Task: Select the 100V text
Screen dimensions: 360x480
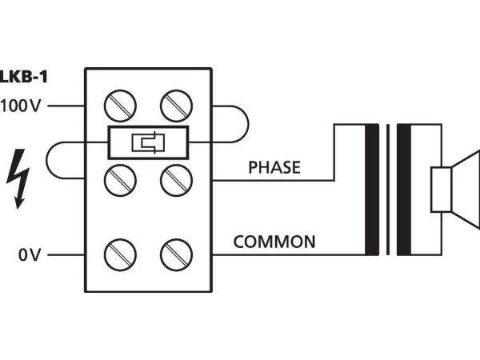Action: point(24,106)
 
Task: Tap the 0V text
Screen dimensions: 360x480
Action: point(30,256)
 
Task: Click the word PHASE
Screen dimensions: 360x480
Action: point(274,168)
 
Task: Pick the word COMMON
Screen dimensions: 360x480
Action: point(274,242)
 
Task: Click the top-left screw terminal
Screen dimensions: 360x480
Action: point(122,106)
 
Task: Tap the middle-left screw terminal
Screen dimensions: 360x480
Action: point(122,179)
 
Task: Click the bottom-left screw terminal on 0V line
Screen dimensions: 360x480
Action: point(122,256)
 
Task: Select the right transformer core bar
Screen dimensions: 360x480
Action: point(405,189)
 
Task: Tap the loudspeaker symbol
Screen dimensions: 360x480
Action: point(452,190)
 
